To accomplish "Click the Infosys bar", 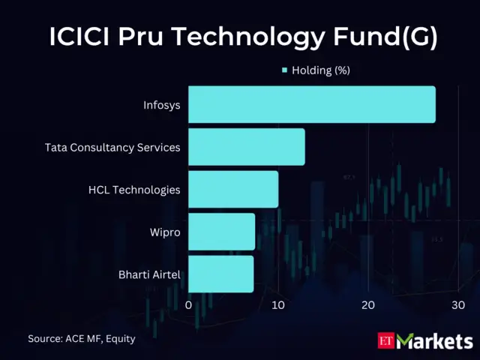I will coord(311,104).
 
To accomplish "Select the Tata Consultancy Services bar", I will coord(246,147).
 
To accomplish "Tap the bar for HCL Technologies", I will coord(232,189).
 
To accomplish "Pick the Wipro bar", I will coord(221,232).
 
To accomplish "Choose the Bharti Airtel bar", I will coord(220,274).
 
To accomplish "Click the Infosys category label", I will coord(161,104).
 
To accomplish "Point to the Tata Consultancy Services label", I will coord(112,147).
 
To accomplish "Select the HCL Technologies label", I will coord(134,189).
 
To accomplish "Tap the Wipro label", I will coord(165,232).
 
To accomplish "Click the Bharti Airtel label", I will coord(149,274).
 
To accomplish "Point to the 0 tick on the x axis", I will coord(188,305).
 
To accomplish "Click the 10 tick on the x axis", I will coord(278,305).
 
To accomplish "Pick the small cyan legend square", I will coord(285,70).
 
